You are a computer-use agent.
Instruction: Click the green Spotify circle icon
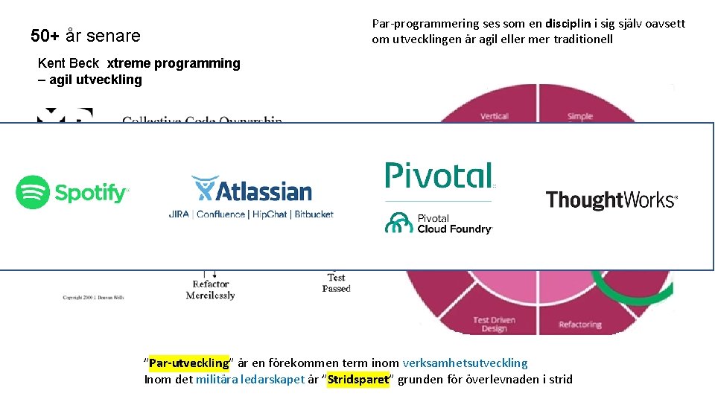(x=33, y=192)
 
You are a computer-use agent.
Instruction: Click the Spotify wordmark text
(x=92, y=194)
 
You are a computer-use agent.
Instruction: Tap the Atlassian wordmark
(x=263, y=191)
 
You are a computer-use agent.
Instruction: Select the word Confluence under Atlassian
(x=220, y=214)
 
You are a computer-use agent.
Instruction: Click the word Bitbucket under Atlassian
(x=314, y=214)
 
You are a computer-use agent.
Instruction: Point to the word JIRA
(x=179, y=214)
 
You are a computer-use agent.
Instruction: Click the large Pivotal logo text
(x=438, y=176)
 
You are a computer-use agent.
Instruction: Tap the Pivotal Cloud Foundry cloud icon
(x=398, y=223)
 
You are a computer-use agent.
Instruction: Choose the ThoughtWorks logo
(x=611, y=200)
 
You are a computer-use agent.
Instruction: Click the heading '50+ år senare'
(x=85, y=35)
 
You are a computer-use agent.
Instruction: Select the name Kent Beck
(x=68, y=63)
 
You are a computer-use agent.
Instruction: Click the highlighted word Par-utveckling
(x=188, y=363)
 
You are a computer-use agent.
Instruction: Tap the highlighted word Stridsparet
(x=358, y=380)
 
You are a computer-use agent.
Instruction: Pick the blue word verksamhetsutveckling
(x=465, y=363)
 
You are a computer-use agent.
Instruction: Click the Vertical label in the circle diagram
(x=495, y=116)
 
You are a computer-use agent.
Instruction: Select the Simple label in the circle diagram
(x=580, y=116)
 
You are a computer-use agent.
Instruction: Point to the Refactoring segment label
(x=580, y=325)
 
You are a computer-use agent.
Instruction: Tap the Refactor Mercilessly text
(x=210, y=290)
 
